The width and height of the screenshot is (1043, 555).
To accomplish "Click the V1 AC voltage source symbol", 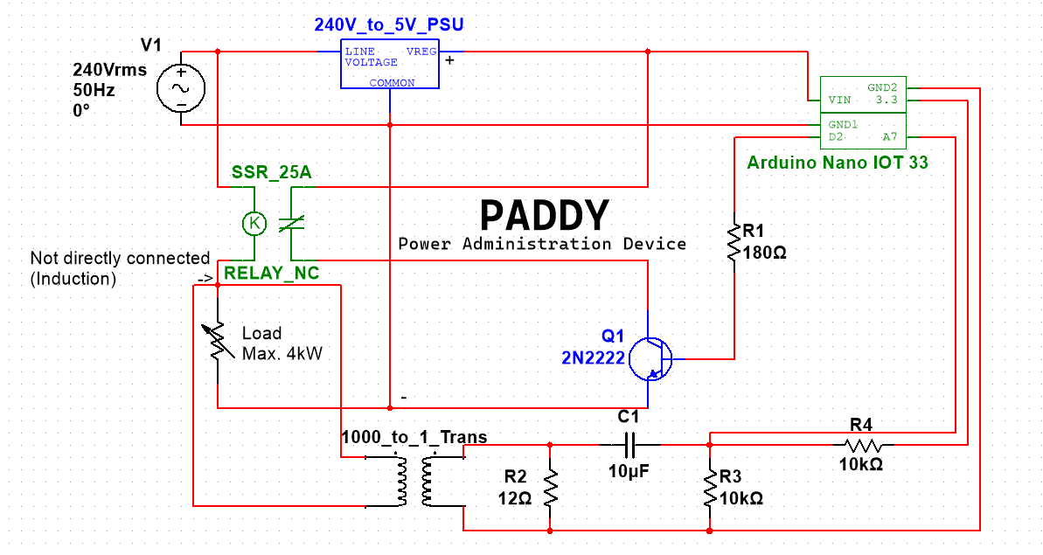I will coord(181,88).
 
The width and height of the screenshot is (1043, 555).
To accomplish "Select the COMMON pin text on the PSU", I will coord(392,83).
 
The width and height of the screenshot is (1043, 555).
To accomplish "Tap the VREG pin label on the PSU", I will coord(421,52).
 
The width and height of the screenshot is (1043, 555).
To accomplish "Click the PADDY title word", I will coord(544,216).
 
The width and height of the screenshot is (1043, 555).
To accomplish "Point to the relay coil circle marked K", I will coord(254,224).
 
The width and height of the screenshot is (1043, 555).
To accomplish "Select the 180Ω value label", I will coord(765,253).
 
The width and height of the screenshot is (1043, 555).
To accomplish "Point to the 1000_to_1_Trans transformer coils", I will coord(415,480).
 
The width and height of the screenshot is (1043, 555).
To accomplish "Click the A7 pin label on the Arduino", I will coord(889,137).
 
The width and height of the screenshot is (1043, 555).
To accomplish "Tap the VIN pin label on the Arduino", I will coord(840,101).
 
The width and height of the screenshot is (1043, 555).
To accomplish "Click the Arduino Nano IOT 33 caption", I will coord(837,163).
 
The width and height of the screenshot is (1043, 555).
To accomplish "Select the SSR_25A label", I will coord(271,172).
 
